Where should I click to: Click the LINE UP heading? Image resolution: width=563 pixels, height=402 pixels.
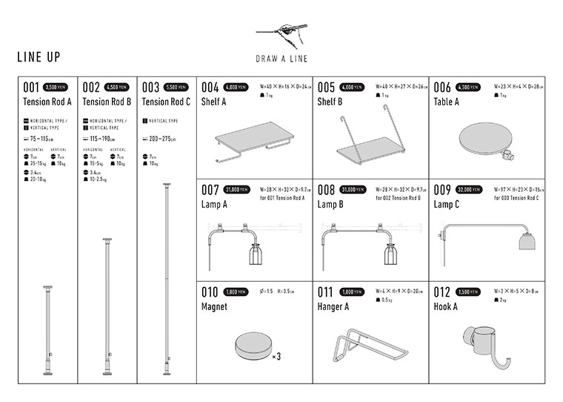(x=39, y=57)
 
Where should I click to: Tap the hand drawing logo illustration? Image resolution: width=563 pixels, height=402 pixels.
(x=281, y=33)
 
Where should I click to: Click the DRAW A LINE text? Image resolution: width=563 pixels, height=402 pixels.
(x=281, y=59)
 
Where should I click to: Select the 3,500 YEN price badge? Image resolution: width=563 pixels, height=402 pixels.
(x=56, y=87)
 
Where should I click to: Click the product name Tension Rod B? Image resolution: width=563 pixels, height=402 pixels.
(x=107, y=102)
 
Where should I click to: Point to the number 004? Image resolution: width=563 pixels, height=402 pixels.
(x=210, y=87)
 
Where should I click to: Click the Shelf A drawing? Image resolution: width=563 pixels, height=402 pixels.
(x=253, y=143)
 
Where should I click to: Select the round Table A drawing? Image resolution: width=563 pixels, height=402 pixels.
(x=484, y=139)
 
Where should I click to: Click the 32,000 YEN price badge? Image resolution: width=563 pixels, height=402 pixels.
(x=472, y=189)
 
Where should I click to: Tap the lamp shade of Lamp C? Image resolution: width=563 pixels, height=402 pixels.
(x=525, y=245)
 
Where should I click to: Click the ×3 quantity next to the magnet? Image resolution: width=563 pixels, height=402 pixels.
(x=276, y=357)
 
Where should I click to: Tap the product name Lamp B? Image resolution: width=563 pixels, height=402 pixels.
(x=330, y=204)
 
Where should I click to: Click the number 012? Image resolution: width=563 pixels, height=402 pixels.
(x=443, y=292)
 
